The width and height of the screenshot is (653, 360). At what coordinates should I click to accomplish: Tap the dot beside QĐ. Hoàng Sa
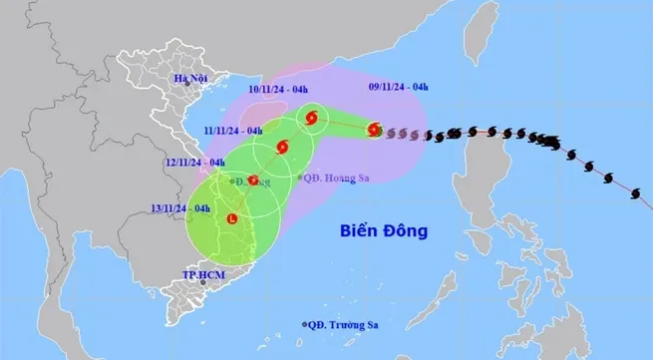click(300, 178)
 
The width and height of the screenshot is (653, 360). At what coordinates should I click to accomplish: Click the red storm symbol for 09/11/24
click(374, 129)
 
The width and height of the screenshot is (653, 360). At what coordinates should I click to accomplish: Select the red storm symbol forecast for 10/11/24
click(312, 119)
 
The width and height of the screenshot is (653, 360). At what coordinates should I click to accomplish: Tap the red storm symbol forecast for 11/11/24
click(280, 148)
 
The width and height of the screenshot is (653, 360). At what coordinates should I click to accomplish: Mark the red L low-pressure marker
click(232, 218)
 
